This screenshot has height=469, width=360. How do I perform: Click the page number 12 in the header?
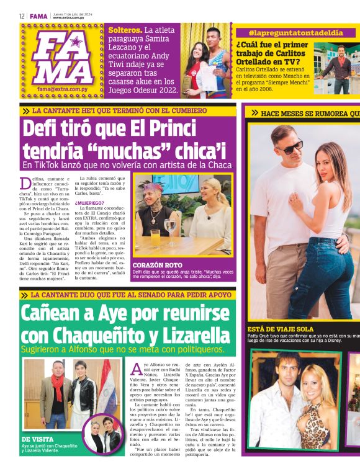point(22,17)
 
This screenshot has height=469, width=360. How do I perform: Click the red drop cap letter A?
point(137,369)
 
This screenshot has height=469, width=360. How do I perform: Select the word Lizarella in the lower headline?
point(191,336)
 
